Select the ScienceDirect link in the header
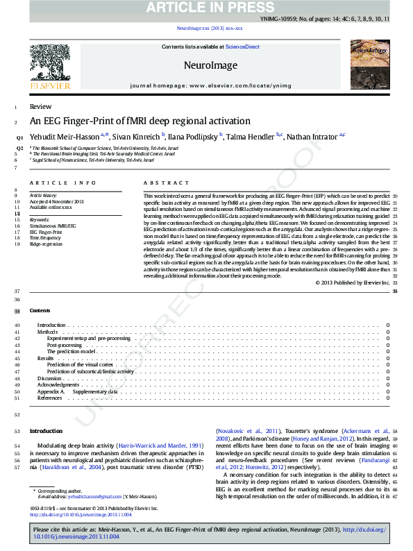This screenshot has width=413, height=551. coord(242,46)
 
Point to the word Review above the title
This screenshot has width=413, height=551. coord(40,107)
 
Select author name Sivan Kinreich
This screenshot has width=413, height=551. coord(136,137)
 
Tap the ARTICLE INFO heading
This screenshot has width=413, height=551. coord(62,183)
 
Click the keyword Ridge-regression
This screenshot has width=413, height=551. coord(46,244)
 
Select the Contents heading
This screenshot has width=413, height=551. coord(40,310)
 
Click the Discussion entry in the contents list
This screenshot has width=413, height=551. coord(49,378)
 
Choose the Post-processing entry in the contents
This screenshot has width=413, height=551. coord(65,345)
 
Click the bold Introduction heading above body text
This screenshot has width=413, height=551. coord(46,431)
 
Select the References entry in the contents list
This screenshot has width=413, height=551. coord(49,398)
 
